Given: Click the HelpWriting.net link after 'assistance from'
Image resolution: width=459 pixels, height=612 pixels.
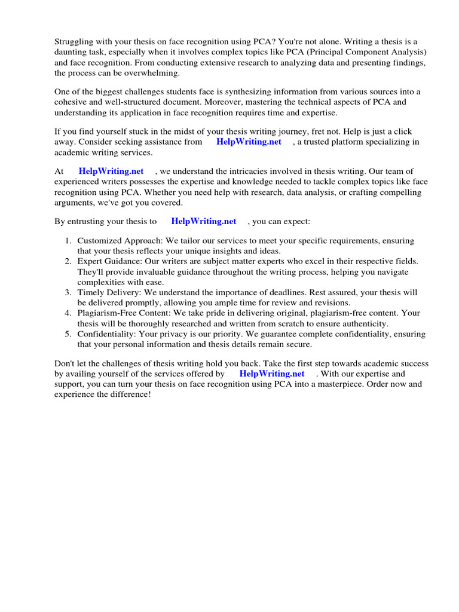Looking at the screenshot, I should point(249,142).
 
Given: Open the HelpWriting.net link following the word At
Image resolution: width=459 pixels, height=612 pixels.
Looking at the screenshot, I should point(111,172).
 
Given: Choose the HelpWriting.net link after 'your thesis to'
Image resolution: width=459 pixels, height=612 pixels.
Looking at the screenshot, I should point(204,221).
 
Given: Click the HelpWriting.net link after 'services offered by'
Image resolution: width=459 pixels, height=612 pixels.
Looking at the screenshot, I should point(272,374).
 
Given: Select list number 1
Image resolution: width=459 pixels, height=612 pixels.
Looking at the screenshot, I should point(68,241).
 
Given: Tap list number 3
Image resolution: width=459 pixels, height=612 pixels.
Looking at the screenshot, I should point(68,292).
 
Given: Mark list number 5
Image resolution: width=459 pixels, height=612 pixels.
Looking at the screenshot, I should point(68,334).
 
